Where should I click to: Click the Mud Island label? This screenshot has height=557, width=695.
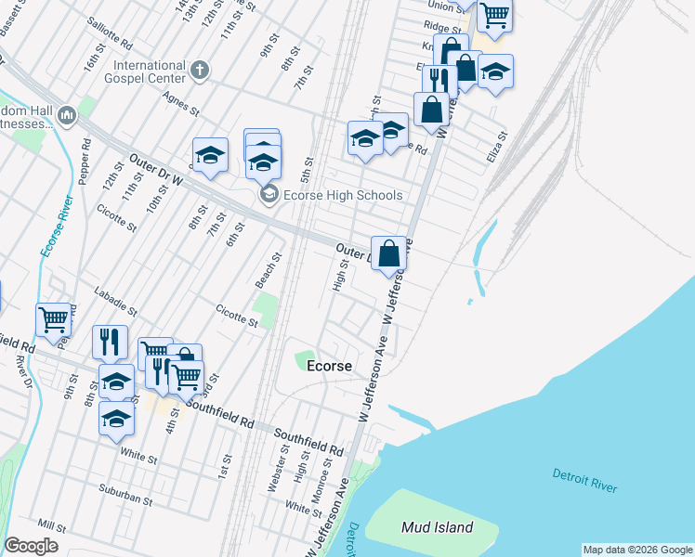(437, 527)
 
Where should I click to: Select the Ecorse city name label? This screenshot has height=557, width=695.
(329, 366)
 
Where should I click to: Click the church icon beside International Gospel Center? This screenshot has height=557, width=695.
(200, 70)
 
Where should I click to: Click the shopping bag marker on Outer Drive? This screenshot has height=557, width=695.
(388, 253)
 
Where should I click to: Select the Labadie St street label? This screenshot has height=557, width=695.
(114, 300)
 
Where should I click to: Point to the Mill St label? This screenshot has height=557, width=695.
(52, 525)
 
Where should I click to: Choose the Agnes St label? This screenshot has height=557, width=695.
(181, 103)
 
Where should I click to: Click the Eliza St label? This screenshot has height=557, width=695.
(497, 147)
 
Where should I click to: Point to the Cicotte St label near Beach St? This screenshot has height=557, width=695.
(236, 316)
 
